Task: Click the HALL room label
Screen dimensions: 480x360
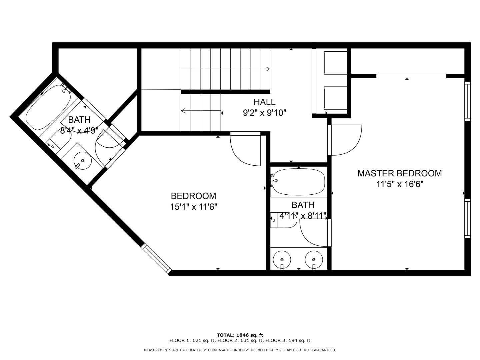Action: click(264, 102)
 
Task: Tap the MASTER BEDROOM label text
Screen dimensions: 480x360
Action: click(400, 173)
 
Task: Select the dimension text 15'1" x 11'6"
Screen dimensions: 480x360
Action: click(194, 207)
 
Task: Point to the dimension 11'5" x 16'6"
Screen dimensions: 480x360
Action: click(400, 184)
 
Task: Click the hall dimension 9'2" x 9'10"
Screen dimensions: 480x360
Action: click(265, 113)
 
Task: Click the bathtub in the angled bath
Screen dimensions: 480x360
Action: click(48, 107)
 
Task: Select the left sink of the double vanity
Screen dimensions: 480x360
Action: click(282, 260)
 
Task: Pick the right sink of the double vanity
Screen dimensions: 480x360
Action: click(314, 260)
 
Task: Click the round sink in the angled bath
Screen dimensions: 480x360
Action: click(82, 161)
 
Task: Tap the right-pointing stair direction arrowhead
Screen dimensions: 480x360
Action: click(268, 69)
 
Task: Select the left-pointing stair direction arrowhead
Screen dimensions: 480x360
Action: click(183, 111)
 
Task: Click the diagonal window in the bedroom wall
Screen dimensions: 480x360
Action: click(156, 259)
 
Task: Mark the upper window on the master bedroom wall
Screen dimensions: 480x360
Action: click(467, 101)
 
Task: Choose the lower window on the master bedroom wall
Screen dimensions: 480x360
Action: click(467, 218)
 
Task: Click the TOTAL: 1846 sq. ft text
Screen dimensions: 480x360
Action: click(240, 335)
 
